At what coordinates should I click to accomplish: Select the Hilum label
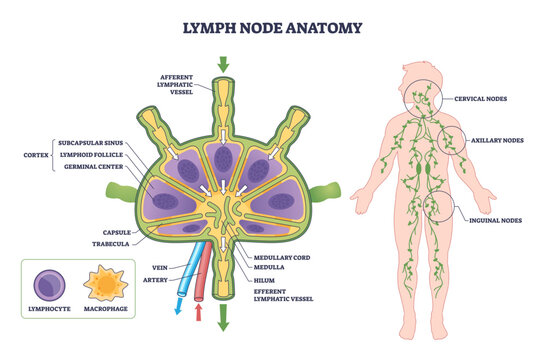(x=266, y=282)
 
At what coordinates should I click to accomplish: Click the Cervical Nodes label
(x=482, y=99)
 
